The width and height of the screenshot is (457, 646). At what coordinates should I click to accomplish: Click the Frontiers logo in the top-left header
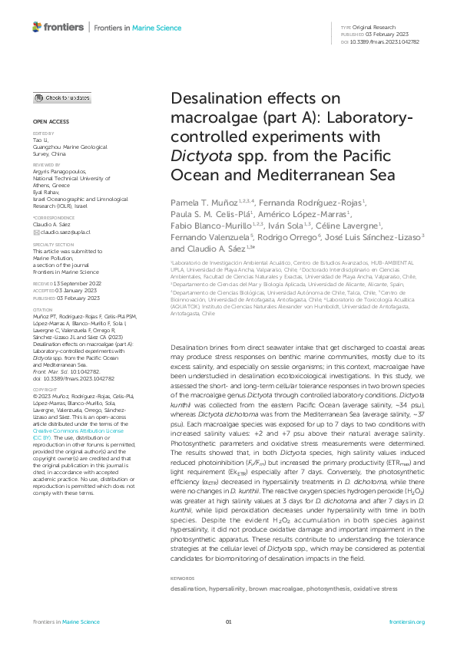[58, 28]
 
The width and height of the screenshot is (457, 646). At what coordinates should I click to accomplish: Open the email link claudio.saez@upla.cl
[65, 210]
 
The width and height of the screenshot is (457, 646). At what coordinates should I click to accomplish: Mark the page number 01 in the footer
[228, 621]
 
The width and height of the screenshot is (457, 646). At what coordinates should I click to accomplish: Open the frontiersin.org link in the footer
[407, 621]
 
